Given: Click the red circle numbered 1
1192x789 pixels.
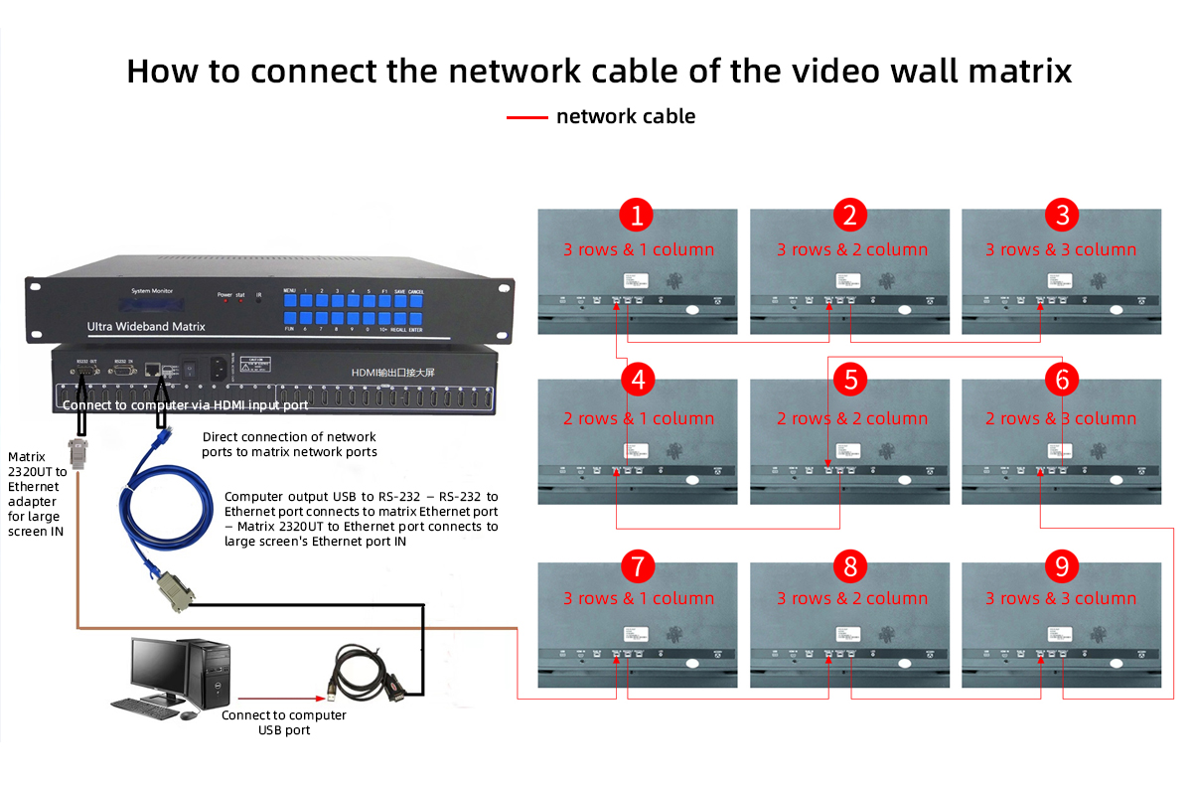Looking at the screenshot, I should [x=636, y=216].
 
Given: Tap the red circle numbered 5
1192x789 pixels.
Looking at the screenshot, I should [x=849, y=379].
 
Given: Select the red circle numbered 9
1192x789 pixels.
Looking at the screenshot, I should [x=1062, y=566].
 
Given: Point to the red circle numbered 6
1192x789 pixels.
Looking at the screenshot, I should [x=1062, y=379].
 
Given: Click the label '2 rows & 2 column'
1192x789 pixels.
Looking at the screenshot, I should [x=849, y=418].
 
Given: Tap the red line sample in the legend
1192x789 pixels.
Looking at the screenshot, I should [x=526, y=117].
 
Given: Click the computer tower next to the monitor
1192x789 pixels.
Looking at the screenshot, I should [x=216, y=675].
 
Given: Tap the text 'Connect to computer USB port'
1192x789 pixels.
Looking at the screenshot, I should [x=283, y=722].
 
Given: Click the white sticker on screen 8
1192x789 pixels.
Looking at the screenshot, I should [x=847, y=633].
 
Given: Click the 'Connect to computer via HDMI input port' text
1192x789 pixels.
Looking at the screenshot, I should [x=185, y=405].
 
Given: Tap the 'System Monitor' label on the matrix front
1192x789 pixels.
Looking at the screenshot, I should [x=152, y=291].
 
